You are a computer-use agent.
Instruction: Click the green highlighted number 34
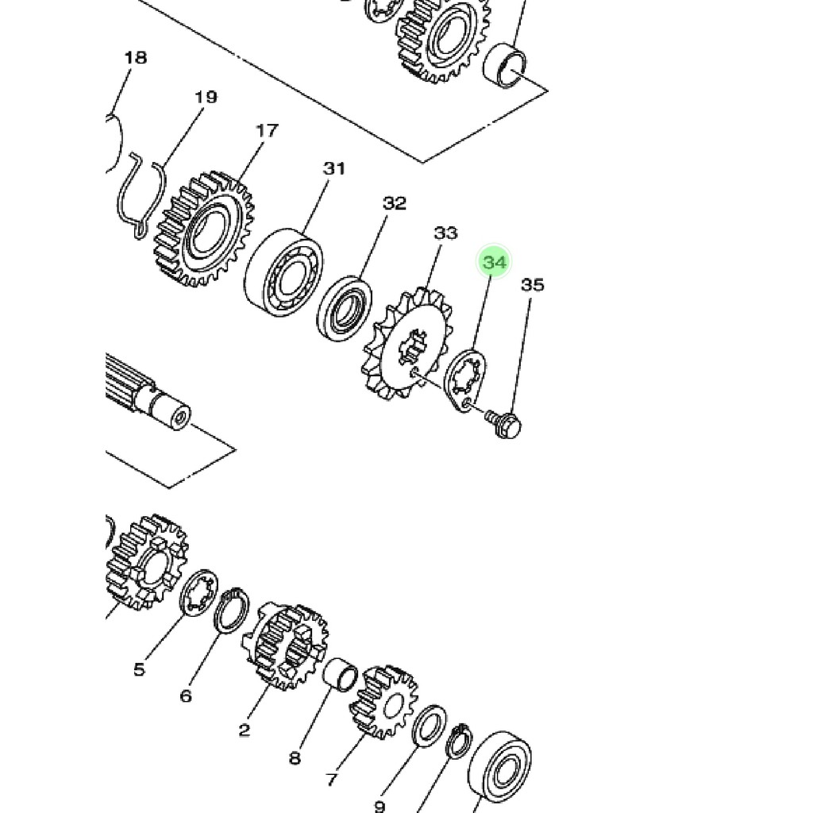(x=494, y=262)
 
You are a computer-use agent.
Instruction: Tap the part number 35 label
(x=533, y=285)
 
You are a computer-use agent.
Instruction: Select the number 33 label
(x=446, y=233)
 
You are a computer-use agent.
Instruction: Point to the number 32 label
(x=395, y=202)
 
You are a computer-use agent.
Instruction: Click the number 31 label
(x=334, y=168)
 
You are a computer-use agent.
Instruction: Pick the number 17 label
(x=267, y=130)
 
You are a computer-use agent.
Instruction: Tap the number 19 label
(x=206, y=97)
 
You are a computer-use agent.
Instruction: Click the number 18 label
(x=136, y=57)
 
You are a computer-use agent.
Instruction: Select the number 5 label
(x=139, y=669)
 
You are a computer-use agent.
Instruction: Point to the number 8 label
(x=295, y=758)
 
